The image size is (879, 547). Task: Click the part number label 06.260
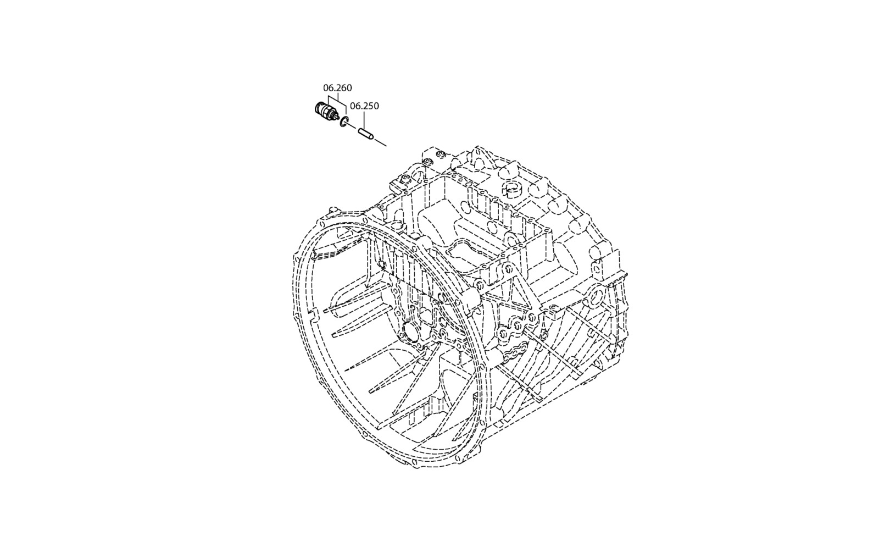tap(337, 87)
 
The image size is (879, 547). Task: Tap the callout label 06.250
tap(365, 106)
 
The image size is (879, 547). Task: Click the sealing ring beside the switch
tap(344, 122)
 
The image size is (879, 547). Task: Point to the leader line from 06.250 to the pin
tap(365, 120)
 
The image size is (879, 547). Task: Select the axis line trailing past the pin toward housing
tap(381, 142)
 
